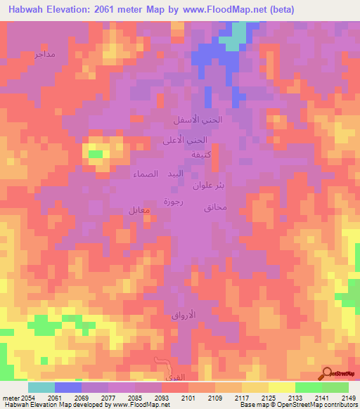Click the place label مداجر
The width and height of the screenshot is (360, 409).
tap(44, 54)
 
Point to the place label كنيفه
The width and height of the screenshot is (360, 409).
tap(194, 155)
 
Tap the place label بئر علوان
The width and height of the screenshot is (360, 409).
tap(209, 187)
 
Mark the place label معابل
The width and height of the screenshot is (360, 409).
tap(140, 209)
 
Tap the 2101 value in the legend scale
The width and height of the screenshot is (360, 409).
tap(188, 398)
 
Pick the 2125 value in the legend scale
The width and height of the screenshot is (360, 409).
tap(268, 398)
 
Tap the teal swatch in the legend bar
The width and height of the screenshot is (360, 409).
tap(41, 387)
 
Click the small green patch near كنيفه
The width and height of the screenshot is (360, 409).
tap(95, 153)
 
